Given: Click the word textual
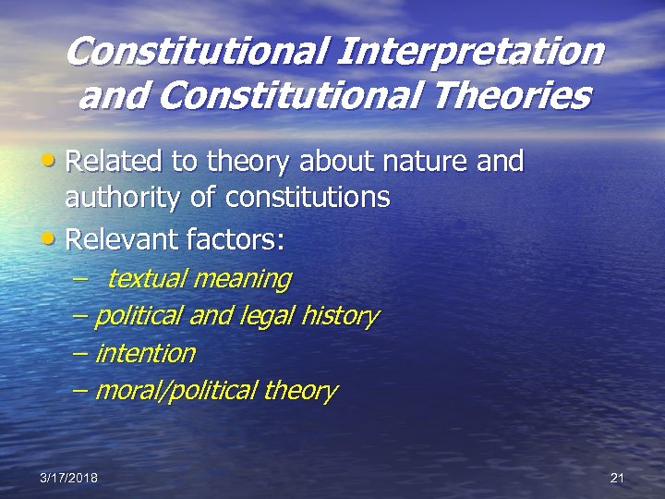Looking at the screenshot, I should (x=144, y=278).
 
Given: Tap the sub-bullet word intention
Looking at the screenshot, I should (x=146, y=353).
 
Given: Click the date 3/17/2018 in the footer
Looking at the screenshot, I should (x=68, y=477).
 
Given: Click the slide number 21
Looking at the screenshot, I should (x=618, y=477).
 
